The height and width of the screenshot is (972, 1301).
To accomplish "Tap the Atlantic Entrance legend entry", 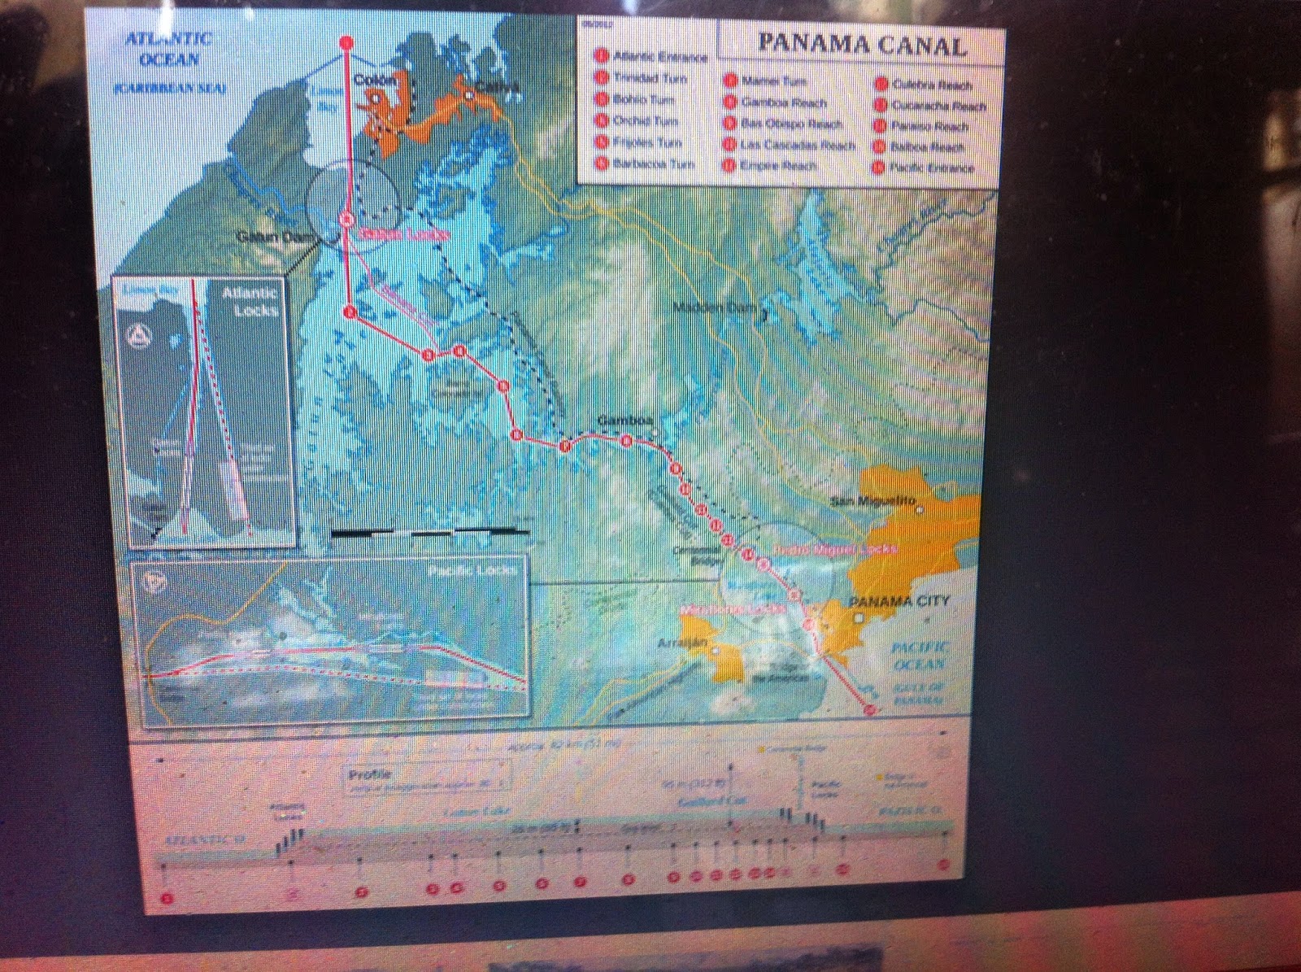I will [659, 57].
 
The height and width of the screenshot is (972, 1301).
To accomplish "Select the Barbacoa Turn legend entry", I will [653, 163].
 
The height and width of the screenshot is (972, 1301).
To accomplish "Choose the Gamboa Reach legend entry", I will [782, 103].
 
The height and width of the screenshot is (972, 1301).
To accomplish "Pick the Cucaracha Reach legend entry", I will [938, 106].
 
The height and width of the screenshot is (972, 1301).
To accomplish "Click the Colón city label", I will [375, 80].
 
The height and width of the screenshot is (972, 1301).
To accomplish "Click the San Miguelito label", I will [872, 500].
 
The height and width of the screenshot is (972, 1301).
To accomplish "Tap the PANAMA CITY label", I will [887, 601].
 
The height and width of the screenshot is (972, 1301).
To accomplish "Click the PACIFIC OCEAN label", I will [920, 655].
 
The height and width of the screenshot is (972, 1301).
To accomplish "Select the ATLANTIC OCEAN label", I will [169, 49].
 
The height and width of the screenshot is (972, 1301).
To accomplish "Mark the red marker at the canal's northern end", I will [346, 42].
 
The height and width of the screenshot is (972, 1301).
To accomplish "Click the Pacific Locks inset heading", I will [472, 570].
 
